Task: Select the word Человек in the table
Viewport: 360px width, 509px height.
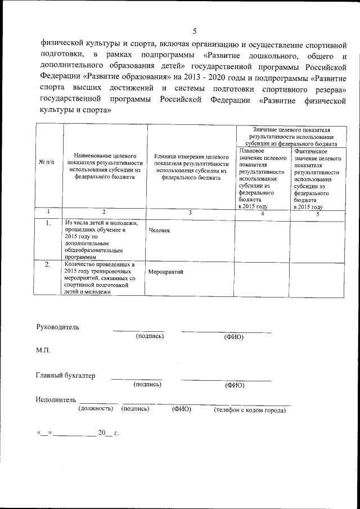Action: tap(159, 231)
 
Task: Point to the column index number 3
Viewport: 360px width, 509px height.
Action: tap(190, 213)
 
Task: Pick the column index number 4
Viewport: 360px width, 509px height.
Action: tap(262, 214)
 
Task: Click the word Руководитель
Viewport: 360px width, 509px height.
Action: tap(58, 327)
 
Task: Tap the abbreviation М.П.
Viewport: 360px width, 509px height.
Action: tap(43, 350)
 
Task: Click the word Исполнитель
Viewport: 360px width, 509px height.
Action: tap(55, 399)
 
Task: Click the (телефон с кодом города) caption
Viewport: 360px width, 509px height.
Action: tap(250, 411)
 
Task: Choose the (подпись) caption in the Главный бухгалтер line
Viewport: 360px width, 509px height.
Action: tap(147, 385)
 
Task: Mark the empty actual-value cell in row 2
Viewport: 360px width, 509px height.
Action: tap(317, 277)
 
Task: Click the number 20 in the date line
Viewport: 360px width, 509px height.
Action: tap(101, 433)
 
